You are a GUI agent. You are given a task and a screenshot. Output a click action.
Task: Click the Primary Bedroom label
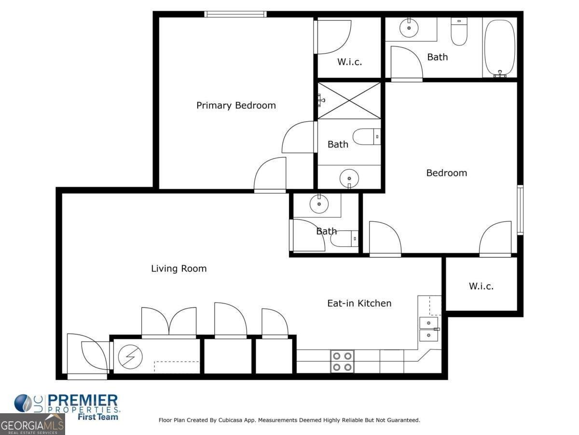236,105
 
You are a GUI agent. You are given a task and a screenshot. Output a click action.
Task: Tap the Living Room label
179,269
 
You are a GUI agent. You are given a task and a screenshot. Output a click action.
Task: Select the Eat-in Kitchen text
359,304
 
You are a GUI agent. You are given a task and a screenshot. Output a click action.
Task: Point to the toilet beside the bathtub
459,32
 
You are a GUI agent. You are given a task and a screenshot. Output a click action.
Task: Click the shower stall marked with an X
349,100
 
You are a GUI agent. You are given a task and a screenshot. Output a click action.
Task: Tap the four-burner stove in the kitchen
342,361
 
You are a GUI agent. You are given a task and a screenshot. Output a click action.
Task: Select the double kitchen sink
429,329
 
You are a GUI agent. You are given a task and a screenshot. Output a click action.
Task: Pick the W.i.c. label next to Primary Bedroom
349,62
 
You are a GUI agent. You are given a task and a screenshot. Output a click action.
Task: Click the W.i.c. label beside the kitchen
481,286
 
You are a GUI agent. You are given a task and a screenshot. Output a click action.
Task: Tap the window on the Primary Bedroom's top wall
235,14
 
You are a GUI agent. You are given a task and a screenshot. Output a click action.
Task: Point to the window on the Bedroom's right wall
520,210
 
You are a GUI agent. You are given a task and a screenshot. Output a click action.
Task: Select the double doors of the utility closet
169,322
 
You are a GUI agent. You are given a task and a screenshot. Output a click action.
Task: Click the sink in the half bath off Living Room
318,204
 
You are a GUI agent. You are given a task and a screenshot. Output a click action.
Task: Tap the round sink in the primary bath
349,178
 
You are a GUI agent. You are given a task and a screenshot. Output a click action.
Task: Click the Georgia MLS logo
32,424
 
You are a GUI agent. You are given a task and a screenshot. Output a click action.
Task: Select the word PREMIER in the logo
83,400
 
